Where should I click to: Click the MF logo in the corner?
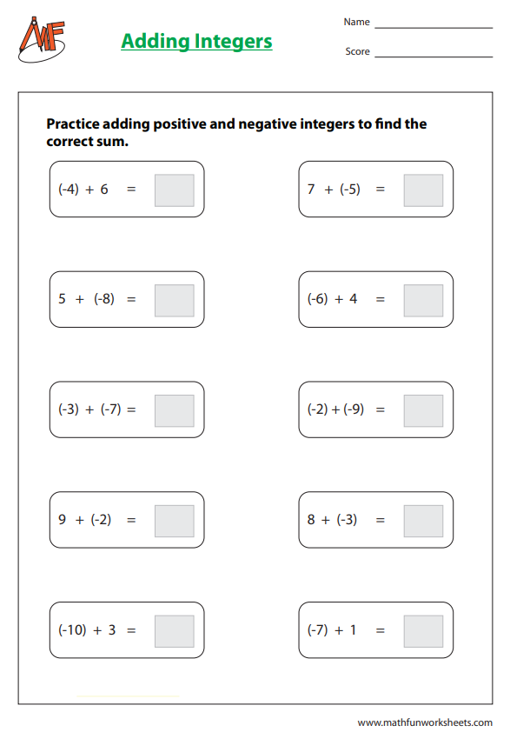[41, 39]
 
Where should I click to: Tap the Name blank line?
[433, 26]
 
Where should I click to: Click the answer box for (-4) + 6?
[174, 190]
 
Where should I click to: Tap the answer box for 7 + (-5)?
[423, 190]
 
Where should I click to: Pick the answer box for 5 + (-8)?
[174, 300]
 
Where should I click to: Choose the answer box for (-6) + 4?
[423, 300]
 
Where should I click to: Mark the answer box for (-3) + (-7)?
[174, 410]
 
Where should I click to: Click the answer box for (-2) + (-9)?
[423, 410]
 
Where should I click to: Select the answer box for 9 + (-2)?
[174, 521]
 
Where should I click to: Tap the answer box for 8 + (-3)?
[423, 521]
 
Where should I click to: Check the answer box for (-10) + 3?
[174, 631]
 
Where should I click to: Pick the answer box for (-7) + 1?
[423, 631]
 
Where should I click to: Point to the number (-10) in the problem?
[72, 630]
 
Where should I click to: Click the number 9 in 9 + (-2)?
[62, 520]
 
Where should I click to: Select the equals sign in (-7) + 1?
[380, 630]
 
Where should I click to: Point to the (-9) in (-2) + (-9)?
[354, 409]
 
